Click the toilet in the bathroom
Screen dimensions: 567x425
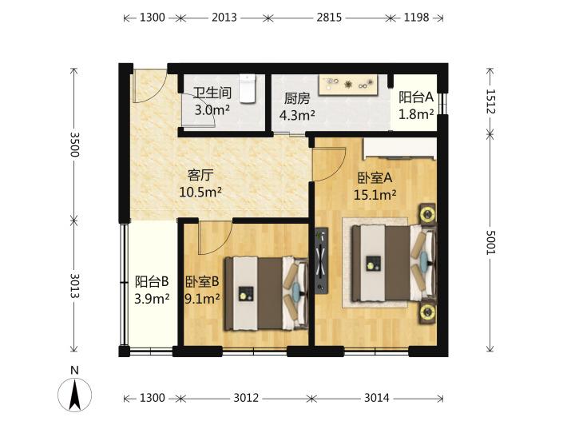pos(248,89)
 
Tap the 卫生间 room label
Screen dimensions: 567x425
pos(212,93)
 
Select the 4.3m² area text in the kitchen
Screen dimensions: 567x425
pos(297,115)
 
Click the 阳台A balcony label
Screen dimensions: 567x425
pos(416,97)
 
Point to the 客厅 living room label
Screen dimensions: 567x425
pos(200,176)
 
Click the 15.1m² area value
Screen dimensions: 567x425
pos(375,195)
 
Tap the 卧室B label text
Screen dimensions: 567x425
pos(202,281)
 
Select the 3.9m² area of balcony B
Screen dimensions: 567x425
pos(152,299)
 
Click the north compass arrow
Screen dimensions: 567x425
pos(75,395)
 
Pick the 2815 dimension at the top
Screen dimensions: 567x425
pos(329,17)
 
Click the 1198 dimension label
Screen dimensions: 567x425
pos(416,17)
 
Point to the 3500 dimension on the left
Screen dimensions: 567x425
pos(74,145)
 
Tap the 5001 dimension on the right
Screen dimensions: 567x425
pos(490,242)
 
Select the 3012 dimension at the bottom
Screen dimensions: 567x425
pos(246,398)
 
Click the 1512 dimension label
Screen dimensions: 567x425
pos(490,101)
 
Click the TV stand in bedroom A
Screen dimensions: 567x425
pos(321,260)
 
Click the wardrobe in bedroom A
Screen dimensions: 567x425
pos(399,149)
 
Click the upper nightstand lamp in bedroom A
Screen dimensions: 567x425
pos(428,214)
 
